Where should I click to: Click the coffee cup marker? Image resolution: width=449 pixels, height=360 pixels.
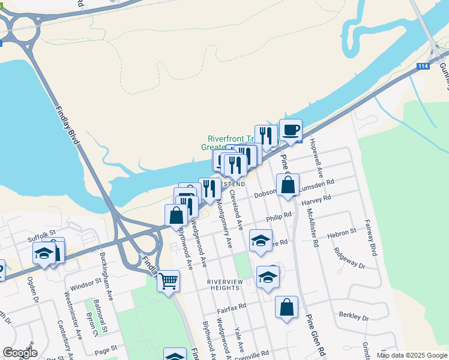coord(291,130)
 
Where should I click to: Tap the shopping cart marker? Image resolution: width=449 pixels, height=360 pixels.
coord(169,280)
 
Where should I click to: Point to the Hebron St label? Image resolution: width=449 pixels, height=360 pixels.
coord(342,233)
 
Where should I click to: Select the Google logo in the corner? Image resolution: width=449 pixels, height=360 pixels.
coord(20,353)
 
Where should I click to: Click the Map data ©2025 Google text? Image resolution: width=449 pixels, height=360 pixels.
coord(411,355)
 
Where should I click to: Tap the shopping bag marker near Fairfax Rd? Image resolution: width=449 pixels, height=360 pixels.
coord(287,307)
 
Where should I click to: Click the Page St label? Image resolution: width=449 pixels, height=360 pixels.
coord(105,349)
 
